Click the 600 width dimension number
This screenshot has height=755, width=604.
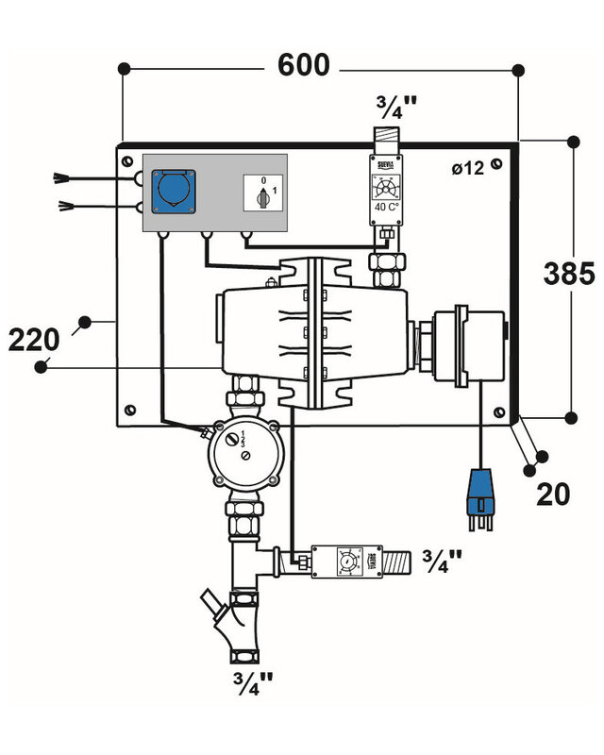click(x=303, y=66)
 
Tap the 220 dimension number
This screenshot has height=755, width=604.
click(x=34, y=338)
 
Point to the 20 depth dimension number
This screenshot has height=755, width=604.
click(x=554, y=493)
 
